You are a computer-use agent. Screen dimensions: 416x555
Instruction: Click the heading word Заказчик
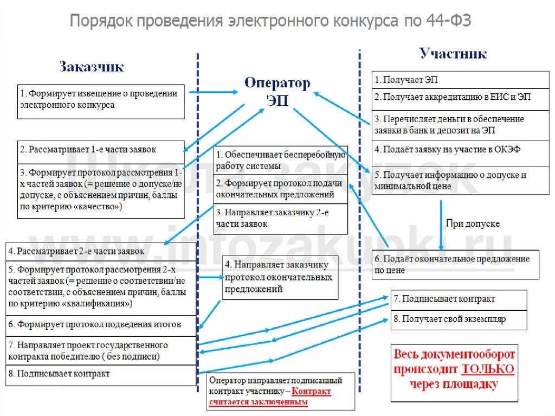tap(92, 67)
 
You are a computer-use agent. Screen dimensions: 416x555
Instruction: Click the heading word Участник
tap(453, 53)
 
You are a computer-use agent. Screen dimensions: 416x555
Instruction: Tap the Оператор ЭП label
tap(277, 91)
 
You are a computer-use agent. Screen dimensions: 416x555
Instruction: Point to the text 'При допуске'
tap(473, 223)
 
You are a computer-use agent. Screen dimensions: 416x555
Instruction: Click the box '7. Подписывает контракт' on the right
tap(459, 299)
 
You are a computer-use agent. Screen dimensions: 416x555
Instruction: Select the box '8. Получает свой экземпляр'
tap(459, 319)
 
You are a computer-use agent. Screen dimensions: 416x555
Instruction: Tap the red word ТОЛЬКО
tap(488, 369)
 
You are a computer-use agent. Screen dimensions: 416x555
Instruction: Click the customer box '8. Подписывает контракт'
tap(101, 374)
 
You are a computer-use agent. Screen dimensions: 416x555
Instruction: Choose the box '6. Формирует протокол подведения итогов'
tap(101, 325)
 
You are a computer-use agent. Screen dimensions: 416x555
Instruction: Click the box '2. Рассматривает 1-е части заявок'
tap(101, 150)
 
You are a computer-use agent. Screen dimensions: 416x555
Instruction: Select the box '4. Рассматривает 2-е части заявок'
tap(101, 252)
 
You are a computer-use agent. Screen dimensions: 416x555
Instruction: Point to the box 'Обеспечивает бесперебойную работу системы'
tap(281, 160)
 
